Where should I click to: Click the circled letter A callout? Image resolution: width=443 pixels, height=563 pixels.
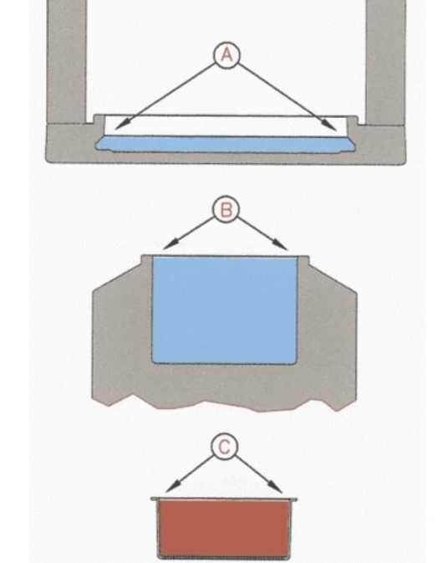click(226, 55)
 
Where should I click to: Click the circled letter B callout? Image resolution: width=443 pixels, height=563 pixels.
click(226, 209)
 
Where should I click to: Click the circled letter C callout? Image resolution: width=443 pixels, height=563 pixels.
click(225, 447)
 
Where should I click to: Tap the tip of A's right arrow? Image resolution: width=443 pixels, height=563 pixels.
click(337, 130)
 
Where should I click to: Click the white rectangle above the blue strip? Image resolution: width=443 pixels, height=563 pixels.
click(226, 125)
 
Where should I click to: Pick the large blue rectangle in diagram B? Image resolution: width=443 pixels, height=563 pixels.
click(225, 310)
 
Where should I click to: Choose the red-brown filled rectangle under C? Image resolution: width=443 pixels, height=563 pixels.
click(224, 528)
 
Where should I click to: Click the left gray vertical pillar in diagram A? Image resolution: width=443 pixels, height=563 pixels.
click(67, 61)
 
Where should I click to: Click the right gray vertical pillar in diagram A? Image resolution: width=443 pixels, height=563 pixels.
click(386, 62)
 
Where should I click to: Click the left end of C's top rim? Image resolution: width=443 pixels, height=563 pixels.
click(152, 499)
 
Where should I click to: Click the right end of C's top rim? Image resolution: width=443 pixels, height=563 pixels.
click(296, 499)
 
